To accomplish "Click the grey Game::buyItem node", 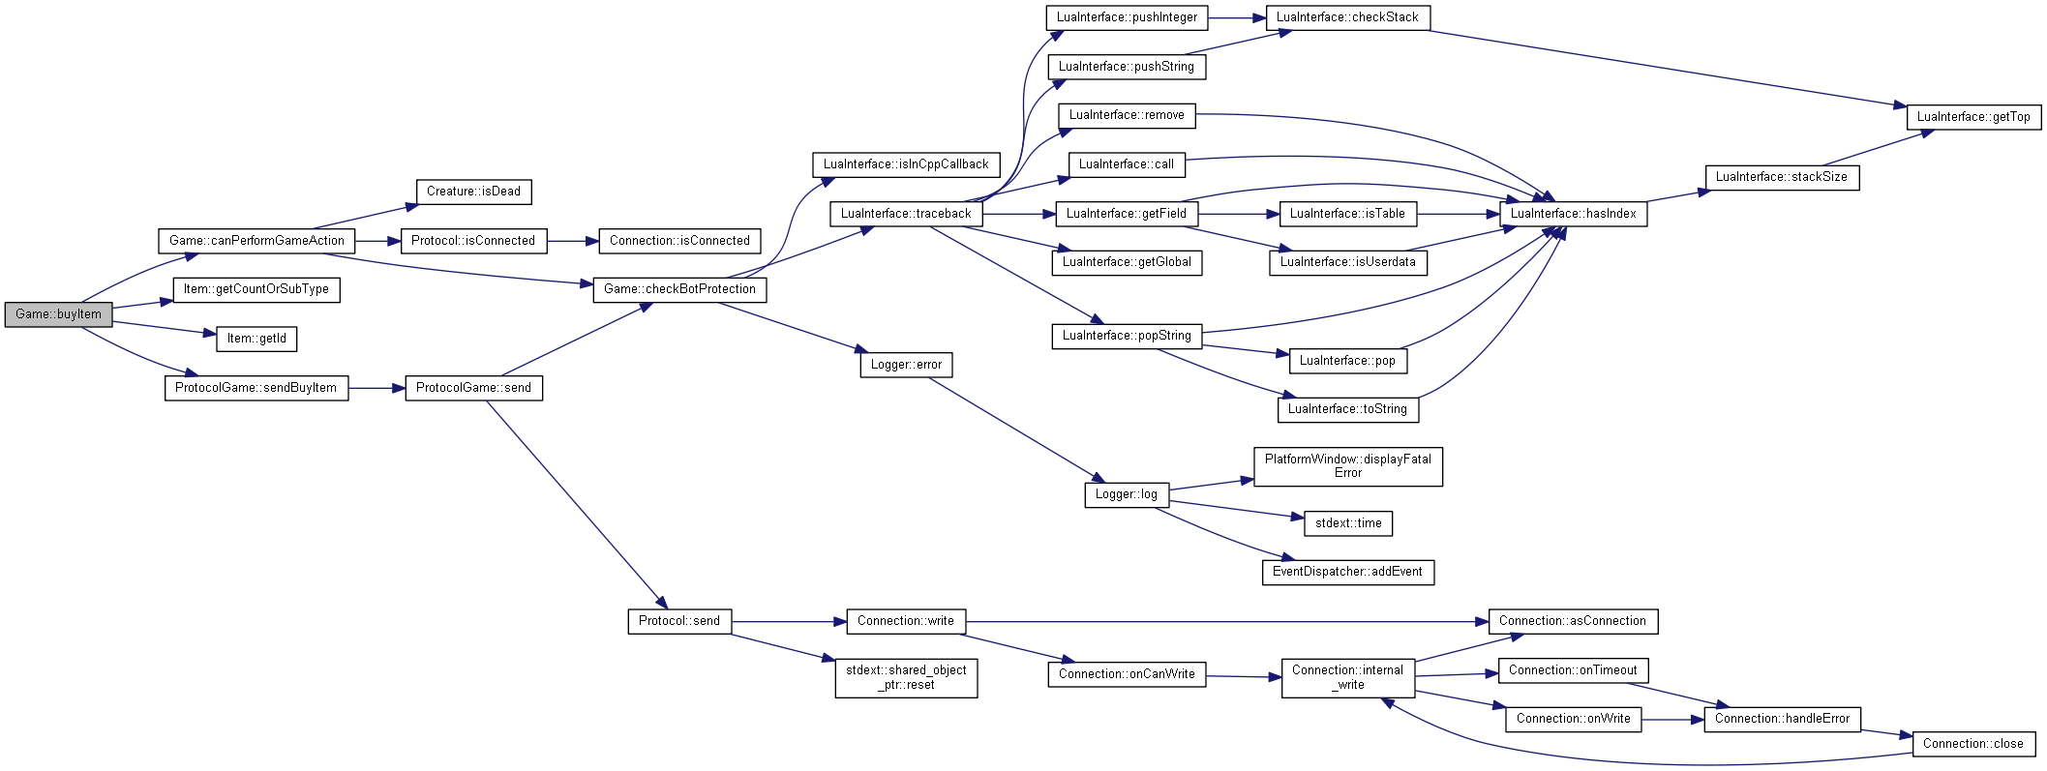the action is pos(58,314).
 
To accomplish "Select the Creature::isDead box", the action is pos(473,192).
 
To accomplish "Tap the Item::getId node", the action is pos(256,339).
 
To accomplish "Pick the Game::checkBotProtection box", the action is pos(679,289).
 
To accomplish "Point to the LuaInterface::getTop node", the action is pos(1973,117).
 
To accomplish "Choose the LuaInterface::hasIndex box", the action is pos(1573,214).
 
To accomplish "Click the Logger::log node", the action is pos(1126,494).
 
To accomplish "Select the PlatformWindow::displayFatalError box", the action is pos(1347,466).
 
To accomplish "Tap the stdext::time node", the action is pos(1348,523).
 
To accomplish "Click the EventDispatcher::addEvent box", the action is pos(1347,572).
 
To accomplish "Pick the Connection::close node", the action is pos(1972,744).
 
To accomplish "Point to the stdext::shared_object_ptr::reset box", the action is pos(906,677).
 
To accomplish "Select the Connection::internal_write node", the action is pos(1347,677).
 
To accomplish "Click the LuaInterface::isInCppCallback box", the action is pos(906,164).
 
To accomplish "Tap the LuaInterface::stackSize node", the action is pos(1782,177).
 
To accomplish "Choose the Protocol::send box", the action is pos(679,621).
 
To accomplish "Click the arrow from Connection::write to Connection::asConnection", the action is pos(1227,621).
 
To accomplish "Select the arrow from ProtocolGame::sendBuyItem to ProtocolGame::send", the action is pos(376,388).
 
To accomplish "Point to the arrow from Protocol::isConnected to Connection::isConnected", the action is pos(573,241).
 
